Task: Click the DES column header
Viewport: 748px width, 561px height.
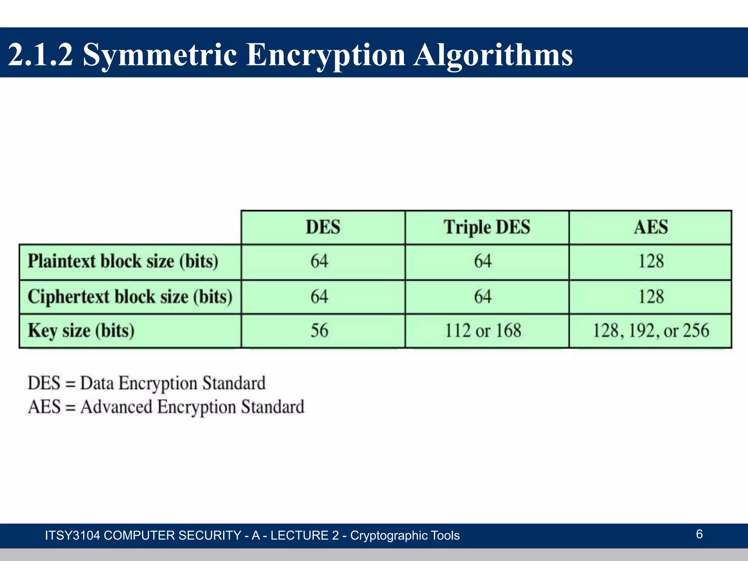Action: coord(323,227)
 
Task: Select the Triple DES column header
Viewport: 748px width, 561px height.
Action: coord(487,227)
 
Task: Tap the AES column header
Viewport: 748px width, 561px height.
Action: coord(650,227)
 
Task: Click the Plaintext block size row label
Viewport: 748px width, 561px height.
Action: coord(123,262)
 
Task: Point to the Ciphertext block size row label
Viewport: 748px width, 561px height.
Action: coord(130,296)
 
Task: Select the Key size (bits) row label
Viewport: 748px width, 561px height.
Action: coord(81,331)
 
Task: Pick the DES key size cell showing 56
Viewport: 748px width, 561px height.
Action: coord(320,331)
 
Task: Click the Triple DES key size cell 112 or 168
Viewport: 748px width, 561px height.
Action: coord(483,331)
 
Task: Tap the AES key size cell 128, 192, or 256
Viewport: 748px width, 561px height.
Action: coord(650,331)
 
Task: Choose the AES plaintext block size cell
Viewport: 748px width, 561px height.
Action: coord(650,262)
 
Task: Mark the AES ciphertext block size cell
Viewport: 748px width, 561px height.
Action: coord(650,296)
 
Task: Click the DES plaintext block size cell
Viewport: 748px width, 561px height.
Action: coord(320,262)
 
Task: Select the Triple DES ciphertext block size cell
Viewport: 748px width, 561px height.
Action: coord(483,296)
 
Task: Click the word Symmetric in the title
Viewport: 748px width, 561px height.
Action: coord(160,55)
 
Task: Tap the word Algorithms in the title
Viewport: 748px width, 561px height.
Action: coord(493,55)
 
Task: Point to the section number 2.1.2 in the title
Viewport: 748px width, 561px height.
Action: coord(40,55)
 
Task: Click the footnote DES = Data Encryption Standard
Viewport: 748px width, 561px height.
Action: coord(146,383)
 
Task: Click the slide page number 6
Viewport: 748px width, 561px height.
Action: coord(699,534)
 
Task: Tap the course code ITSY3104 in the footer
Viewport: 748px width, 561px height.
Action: coord(72,535)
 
